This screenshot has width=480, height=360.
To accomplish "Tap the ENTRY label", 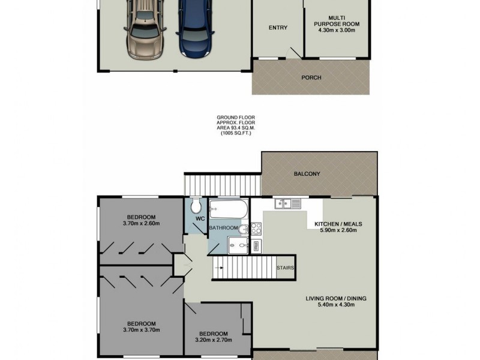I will click(278, 28).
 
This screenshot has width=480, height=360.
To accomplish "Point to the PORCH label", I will click(311, 78).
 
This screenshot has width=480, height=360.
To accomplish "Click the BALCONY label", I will click(307, 174).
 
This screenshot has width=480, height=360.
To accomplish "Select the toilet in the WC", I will click(195, 208).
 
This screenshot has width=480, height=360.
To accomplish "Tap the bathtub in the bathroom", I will click(227, 210).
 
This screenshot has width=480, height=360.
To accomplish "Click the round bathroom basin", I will click(244, 229).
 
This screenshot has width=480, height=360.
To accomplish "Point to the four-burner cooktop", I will click(255, 228).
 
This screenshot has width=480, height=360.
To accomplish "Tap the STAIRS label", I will click(285, 268).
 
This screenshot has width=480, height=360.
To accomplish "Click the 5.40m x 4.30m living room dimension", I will click(336, 305).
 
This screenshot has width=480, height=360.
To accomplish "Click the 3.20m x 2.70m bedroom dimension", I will click(214, 340).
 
